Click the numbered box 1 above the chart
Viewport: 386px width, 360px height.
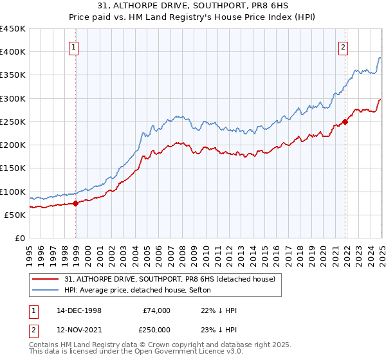74,47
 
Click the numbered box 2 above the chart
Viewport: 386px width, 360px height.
344,47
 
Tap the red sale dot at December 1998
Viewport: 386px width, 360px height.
76,203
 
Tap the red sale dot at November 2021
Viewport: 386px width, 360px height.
345,121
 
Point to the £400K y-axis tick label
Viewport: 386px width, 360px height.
13,52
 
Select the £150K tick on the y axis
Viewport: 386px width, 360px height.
13,168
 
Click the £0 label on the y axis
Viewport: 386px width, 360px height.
19,239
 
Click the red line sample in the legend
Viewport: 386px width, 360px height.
46,278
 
